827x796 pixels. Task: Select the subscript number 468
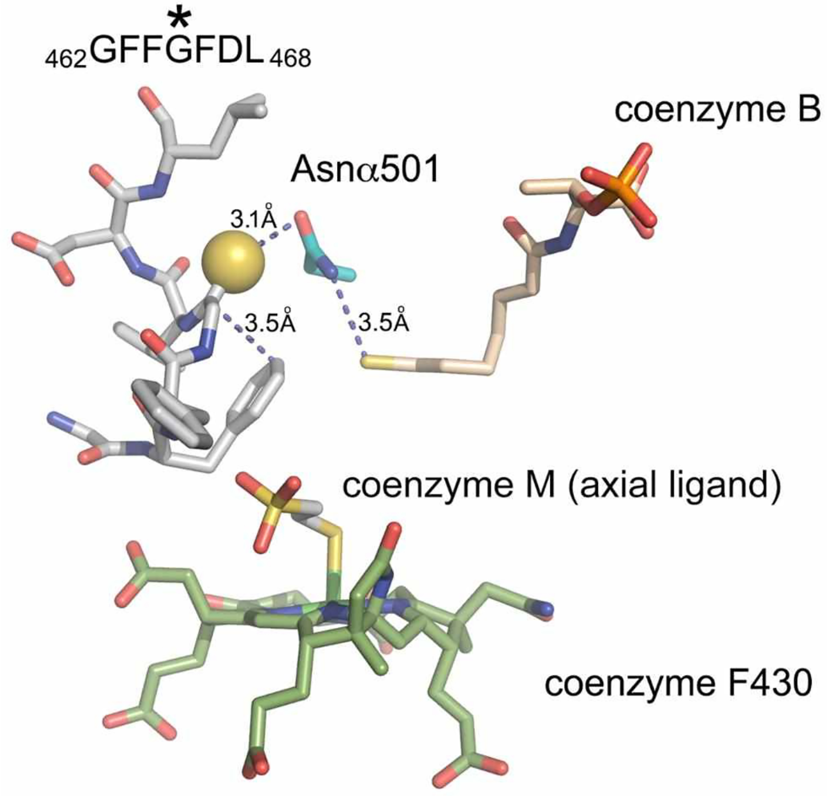point(290,59)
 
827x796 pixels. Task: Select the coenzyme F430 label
point(678,683)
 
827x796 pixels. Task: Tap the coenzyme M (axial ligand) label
point(561,486)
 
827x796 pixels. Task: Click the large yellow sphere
point(233,260)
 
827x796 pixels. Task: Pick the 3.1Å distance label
point(254,220)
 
